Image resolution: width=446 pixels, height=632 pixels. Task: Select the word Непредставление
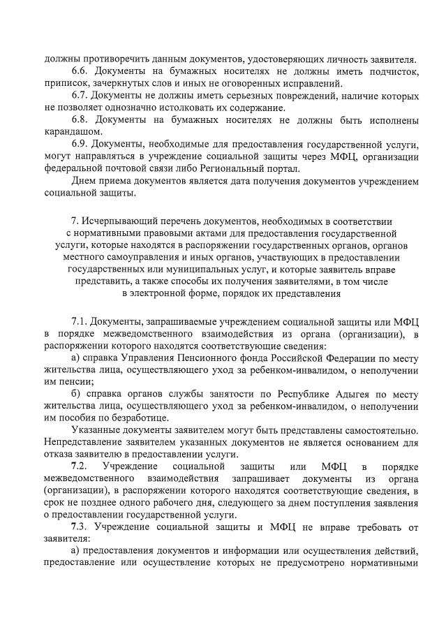(82, 443)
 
